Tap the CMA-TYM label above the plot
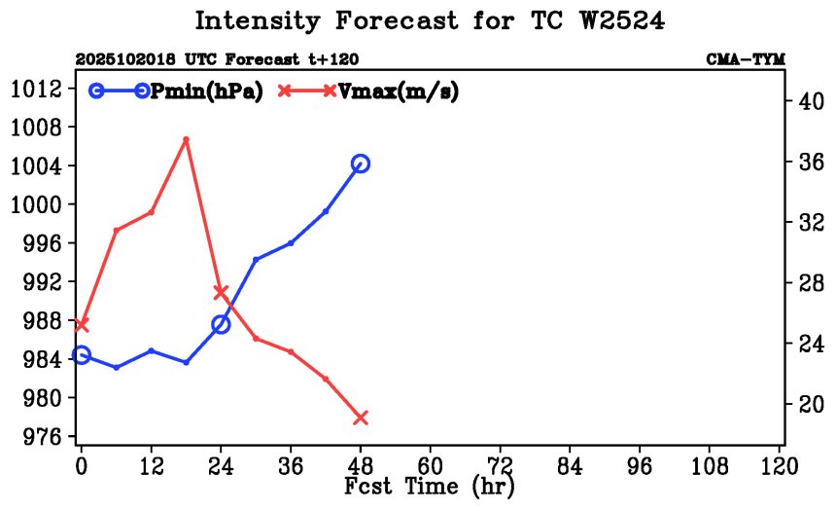coord(745,60)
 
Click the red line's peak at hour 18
coord(186,139)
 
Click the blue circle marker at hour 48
coord(361,164)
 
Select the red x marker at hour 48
coord(361,418)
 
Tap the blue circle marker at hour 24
coord(221,324)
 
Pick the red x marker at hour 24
coord(221,292)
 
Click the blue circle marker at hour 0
coord(82,355)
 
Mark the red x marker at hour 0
coord(82,324)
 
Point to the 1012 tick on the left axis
coord(37,89)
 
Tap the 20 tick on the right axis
coord(809,404)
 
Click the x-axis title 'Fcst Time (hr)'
coord(430,486)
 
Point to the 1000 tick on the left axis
coord(37,204)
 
